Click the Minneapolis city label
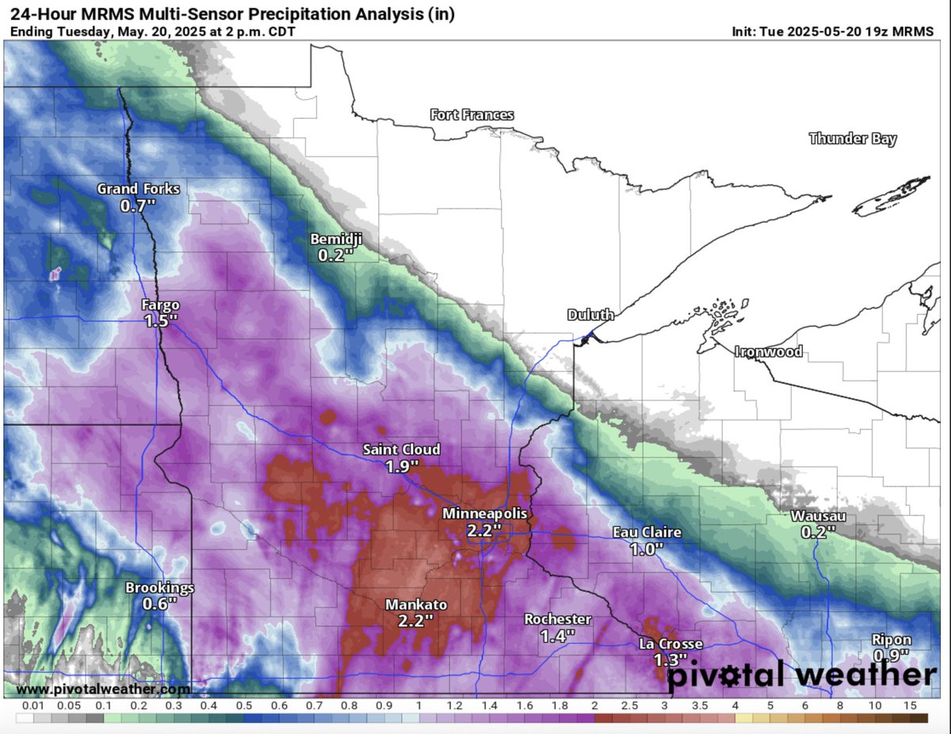pyautogui.click(x=484, y=514)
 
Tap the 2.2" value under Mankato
pyautogui.click(x=415, y=620)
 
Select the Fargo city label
pyautogui.click(x=160, y=305)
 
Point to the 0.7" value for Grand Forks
pyautogui.click(x=139, y=205)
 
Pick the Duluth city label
pyautogui.click(x=590, y=315)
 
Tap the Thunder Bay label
pyautogui.click(x=852, y=139)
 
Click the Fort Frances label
pyautogui.click(x=472, y=115)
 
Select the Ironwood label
pyautogui.click(x=768, y=351)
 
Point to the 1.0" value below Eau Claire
pyautogui.click(x=646, y=549)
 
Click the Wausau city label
pyautogui.click(x=818, y=516)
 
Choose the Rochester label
pyautogui.click(x=557, y=619)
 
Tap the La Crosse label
pyautogui.click(x=670, y=644)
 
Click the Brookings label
pyautogui.click(x=159, y=587)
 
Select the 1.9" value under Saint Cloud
pyautogui.click(x=402, y=466)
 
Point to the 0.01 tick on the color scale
pyautogui.click(x=32, y=705)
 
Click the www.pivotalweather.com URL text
pyautogui.click(x=103, y=689)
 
